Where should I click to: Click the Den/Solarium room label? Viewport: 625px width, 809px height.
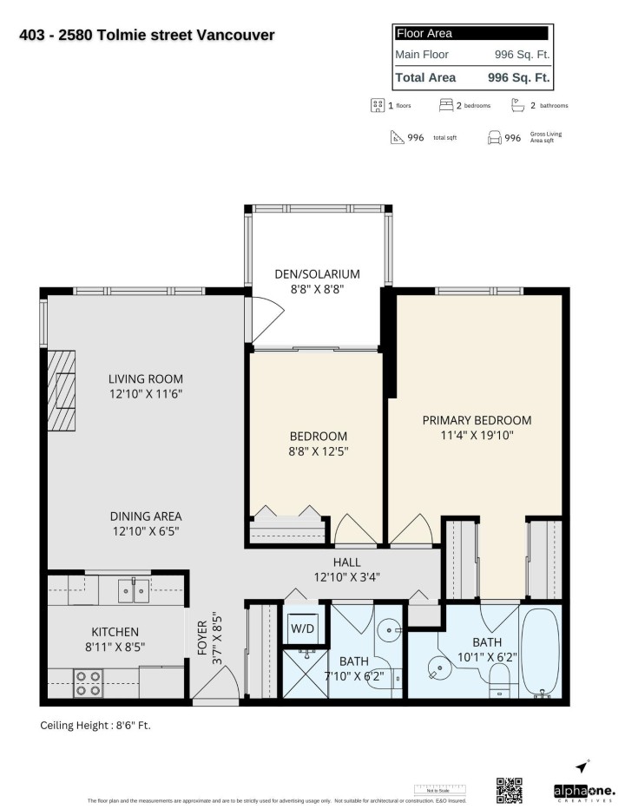pos(316,274)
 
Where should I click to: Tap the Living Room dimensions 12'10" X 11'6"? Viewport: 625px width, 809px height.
pos(146,393)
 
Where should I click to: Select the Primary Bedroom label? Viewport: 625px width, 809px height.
pos(477,420)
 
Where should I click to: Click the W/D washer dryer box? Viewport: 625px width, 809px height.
pos(302,628)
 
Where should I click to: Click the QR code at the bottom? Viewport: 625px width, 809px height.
pos(510,791)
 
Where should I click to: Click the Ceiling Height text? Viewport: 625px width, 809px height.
pos(101,725)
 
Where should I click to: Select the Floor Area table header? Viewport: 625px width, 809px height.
pos(470,34)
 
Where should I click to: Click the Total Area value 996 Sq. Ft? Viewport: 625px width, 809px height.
pos(519,77)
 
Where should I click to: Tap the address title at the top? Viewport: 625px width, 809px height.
pos(147,36)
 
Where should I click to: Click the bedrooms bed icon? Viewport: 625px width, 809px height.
pos(445,105)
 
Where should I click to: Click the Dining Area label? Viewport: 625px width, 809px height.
pos(146,516)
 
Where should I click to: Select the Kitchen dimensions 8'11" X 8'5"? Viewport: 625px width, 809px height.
pos(115,647)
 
